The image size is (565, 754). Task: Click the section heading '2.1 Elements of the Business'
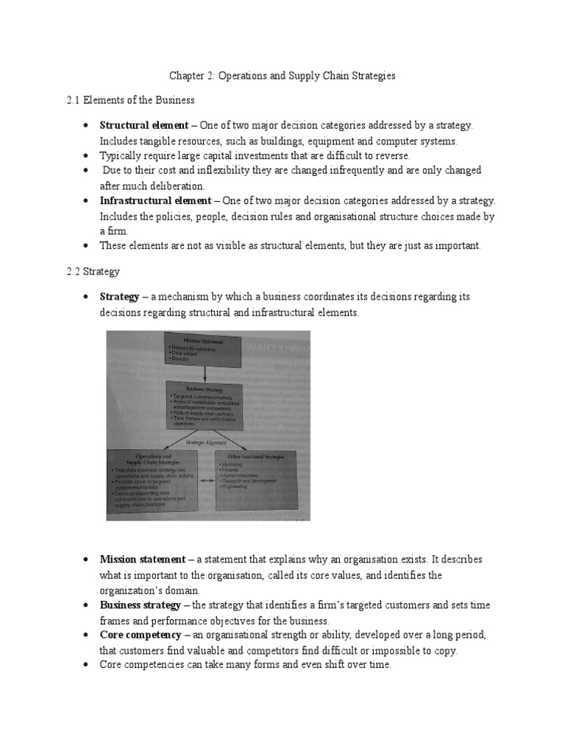tap(130, 100)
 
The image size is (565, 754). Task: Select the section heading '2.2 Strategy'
tap(93, 272)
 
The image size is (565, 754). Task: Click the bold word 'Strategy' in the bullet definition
tap(119, 297)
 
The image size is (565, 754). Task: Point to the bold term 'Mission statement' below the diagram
tap(143, 560)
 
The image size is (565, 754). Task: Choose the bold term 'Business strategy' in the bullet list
tap(141, 605)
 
